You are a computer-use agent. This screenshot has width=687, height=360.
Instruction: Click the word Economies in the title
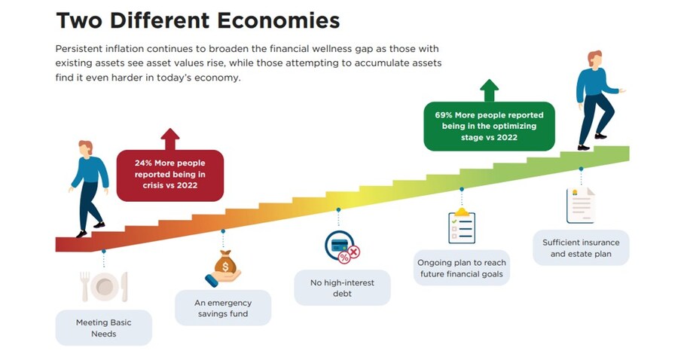point(264,20)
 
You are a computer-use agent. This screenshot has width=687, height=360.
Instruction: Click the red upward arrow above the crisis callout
point(170,139)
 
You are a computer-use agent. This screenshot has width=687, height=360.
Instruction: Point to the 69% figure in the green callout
point(444,115)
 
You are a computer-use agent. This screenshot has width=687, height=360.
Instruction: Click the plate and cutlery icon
point(103,286)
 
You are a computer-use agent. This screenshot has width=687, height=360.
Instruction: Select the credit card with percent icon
point(341,246)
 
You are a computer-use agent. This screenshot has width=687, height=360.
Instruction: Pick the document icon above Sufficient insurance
point(580,205)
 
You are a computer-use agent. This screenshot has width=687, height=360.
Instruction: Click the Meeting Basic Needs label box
point(103,328)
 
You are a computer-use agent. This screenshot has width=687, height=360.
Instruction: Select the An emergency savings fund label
point(223,308)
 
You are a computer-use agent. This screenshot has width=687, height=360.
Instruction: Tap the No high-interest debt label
point(342,288)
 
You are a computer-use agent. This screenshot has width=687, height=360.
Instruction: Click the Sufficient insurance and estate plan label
point(581,248)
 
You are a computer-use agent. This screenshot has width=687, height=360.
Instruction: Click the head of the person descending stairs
point(85,148)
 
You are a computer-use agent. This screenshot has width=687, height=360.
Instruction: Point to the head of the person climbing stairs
point(595,59)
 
